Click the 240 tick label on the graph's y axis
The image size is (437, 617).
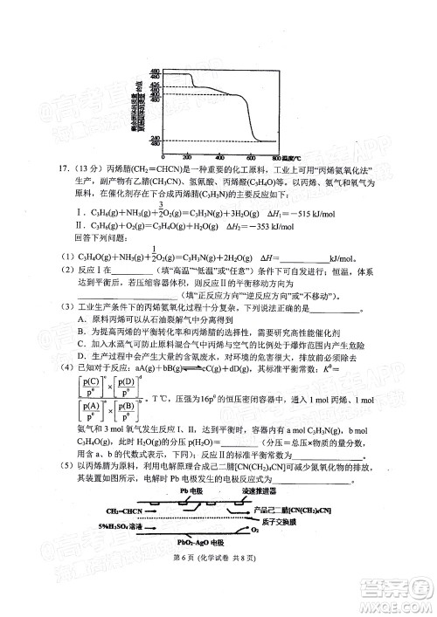click(154, 139)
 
